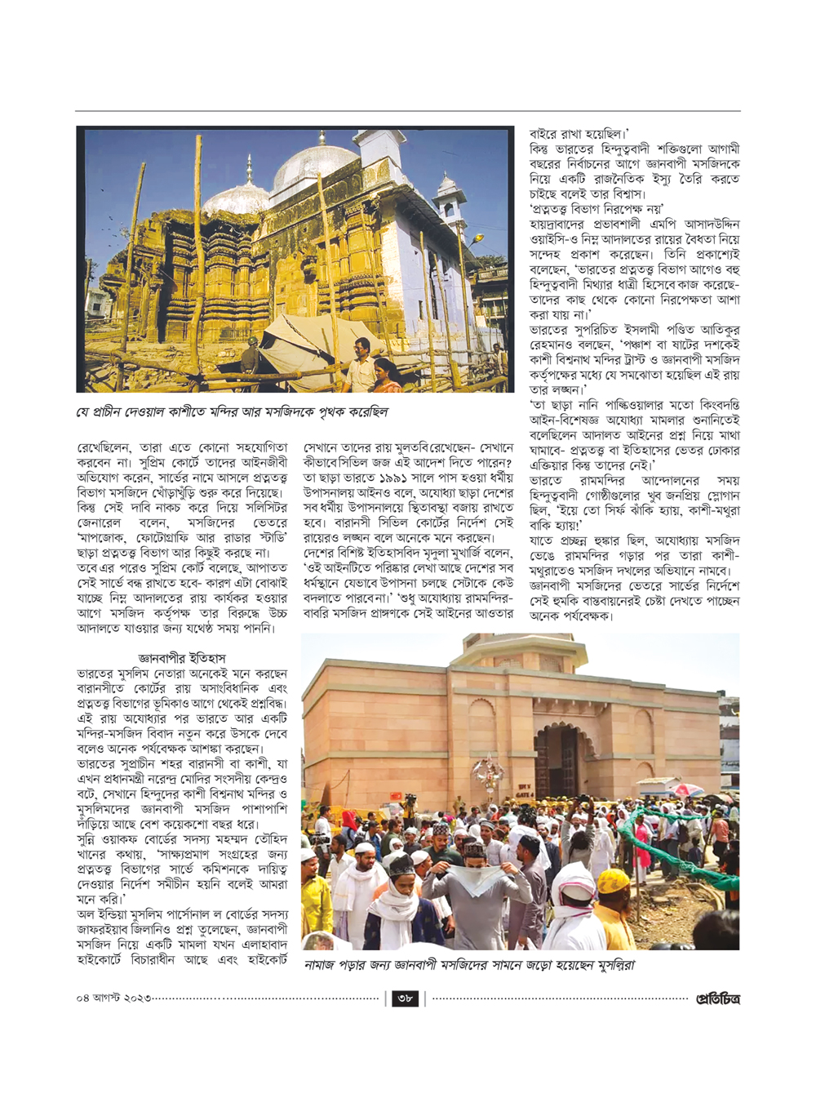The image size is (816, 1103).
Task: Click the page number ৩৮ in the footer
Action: pos(406,998)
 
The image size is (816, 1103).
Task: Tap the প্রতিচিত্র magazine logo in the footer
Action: pos(717,998)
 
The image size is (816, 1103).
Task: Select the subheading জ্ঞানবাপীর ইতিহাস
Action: pos(182,658)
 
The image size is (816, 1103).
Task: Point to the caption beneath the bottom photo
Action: pos(468,965)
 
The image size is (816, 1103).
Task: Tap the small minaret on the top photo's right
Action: pos(446,204)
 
